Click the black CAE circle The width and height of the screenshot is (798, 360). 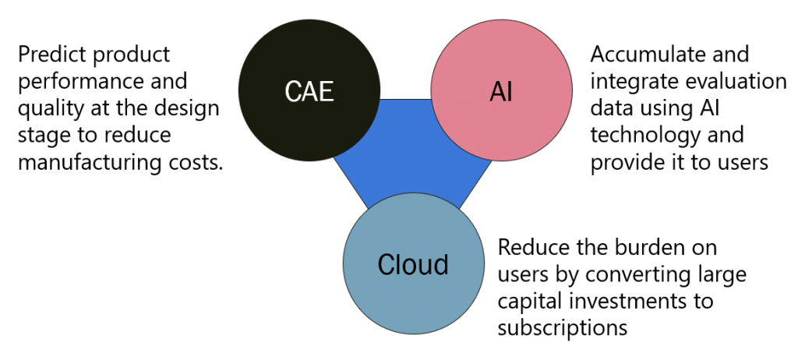(x=309, y=90)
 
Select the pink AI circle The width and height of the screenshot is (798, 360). (x=501, y=90)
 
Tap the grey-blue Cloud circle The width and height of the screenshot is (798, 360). (x=414, y=263)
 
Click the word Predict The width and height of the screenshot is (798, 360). (x=49, y=55)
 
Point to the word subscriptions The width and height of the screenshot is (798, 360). (x=563, y=328)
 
